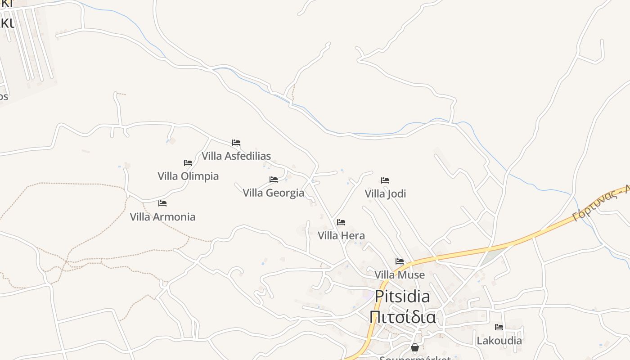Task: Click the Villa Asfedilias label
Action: tap(236, 156)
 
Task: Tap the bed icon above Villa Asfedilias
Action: tap(236, 143)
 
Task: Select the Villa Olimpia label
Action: tap(188, 176)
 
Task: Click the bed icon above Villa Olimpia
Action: tap(188, 163)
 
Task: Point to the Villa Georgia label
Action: tap(274, 193)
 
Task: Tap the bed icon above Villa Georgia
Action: tap(274, 180)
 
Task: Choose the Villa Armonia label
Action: tap(162, 217)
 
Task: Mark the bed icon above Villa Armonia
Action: tap(162, 203)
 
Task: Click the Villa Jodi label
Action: tap(385, 194)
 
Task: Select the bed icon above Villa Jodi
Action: tap(385, 180)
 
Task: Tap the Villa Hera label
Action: tap(341, 236)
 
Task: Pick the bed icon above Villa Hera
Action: tap(341, 222)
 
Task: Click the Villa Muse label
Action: tap(400, 275)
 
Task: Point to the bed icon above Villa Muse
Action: tap(400, 261)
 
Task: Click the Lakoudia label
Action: tap(499, 341)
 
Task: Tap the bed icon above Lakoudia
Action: tap(499, 327)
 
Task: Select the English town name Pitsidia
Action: tap(402, 297)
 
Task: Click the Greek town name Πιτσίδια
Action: tap(402, 317)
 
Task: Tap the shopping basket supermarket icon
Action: tap(415, 347)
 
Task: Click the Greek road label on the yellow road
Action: tap(601, 204)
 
